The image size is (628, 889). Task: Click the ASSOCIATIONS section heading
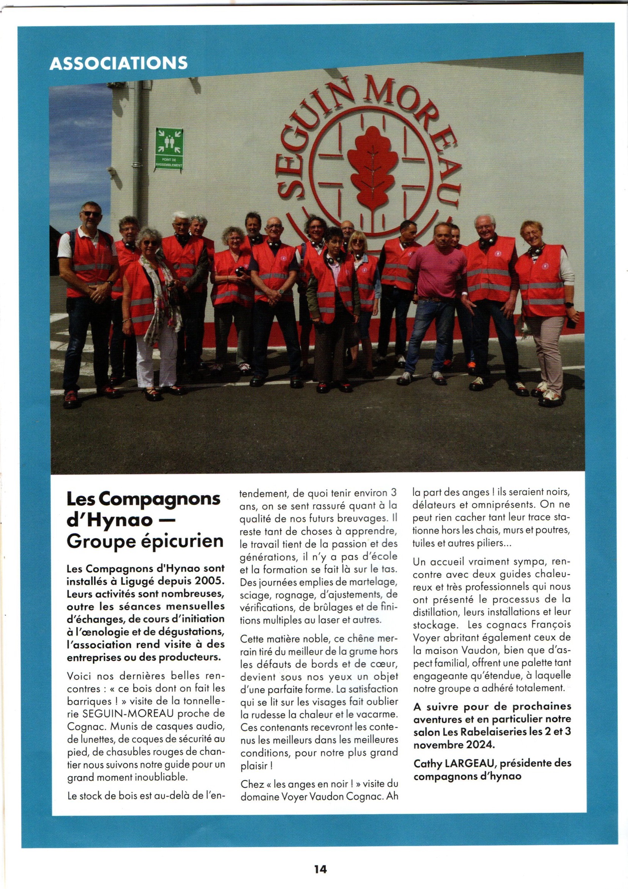(x=118, y=63)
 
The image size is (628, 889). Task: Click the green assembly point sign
(x=169, y=149)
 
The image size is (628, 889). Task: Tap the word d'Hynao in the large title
(x=104, y=520)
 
